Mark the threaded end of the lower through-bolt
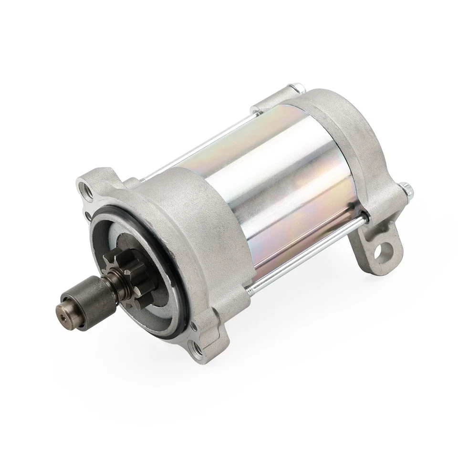click(253, 287)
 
